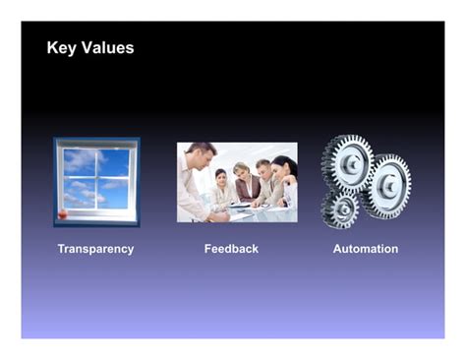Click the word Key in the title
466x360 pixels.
pos(61,48)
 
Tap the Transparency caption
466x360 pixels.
pos(95,249)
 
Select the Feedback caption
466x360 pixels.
pos(231,249)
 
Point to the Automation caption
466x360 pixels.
pos(366,249)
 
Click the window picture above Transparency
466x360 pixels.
pos(96,182)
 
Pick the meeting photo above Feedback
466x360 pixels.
pos(236,182)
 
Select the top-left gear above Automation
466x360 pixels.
pos(347,160)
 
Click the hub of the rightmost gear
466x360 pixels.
pos(387,185)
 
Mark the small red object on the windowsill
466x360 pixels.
pos(64,213)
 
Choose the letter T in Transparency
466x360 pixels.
pos(61,249)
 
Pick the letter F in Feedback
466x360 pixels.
pos(207,249)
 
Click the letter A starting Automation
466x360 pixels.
pos(337,249)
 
